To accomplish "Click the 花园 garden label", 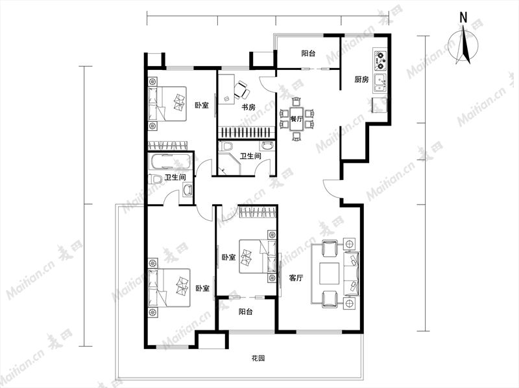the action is tap(258, 358).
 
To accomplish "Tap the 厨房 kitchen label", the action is tap(361, 80).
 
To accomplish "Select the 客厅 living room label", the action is tap(296, 278).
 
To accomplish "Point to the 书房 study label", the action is tap(248, 107).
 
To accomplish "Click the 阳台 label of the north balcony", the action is tap(309, 53).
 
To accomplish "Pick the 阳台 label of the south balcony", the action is tap(246, 312).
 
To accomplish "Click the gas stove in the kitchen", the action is tap(380, 60).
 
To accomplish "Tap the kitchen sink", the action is tap(380, 83).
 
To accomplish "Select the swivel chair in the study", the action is tap(241, 89).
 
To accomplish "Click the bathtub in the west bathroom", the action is tap(170, 161).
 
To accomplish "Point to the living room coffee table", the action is tap(330, 273).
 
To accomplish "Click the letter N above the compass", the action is tap(464, 17).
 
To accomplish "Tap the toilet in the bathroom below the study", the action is tap(226, 146).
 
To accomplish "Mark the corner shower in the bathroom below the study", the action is tap(229, 164).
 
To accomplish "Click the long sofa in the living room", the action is tap(352, 273).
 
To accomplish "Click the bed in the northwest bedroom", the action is tap(167, 104).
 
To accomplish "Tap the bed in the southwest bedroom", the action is tap(169, 288).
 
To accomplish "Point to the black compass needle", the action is tap(466, 45).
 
